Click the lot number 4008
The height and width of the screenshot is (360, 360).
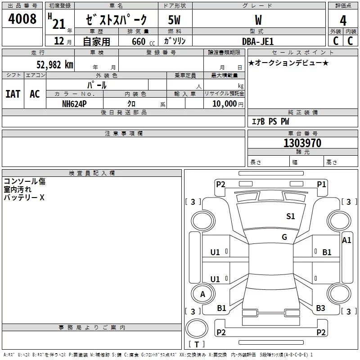coord(22,19)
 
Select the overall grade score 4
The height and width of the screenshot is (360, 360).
coord(343,21)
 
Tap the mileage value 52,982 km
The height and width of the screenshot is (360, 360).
coord(55,65)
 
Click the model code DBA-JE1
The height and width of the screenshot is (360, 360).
coord(258,41)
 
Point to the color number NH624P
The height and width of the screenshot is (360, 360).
coord(74,104)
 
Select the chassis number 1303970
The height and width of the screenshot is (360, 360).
coord(302,143)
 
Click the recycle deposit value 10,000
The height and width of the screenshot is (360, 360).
coord(225,104)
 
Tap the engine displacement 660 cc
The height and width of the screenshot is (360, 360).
coord(143,42)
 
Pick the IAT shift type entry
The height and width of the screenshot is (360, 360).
coord(13,94)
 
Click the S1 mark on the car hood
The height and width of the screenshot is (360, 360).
coord(290,216)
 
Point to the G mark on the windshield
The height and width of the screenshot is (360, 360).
coord(284,237)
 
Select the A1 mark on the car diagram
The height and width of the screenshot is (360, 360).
coord(346,240)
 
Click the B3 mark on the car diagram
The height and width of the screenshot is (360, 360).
coord(320,308)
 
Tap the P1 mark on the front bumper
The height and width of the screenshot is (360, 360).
coord(321,184)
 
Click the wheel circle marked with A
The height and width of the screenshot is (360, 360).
coord(203,294)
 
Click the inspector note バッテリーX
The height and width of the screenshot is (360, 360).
coord(24,198)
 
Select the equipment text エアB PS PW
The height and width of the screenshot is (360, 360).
coord(270,121)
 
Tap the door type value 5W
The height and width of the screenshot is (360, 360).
coord(174,20)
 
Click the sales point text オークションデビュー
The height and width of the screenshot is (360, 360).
coord(288,63)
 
